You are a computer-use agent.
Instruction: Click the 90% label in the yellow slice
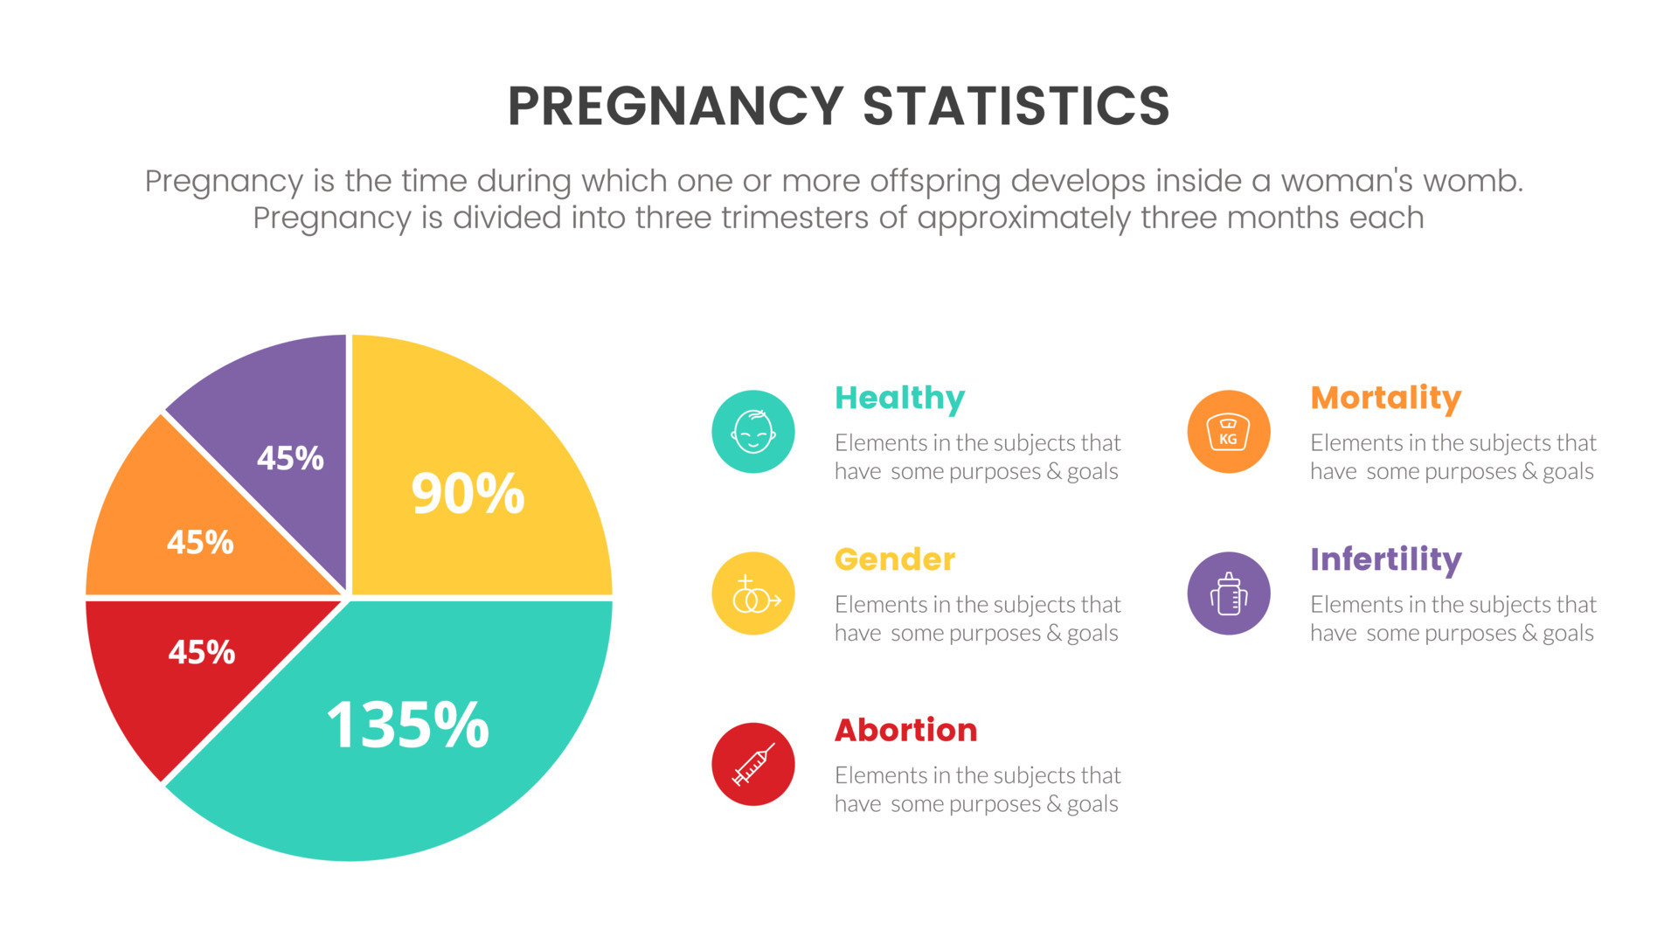click(468, 493)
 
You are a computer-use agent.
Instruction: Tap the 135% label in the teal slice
click(407, 725)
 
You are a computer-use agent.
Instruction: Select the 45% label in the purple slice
click(290, 458)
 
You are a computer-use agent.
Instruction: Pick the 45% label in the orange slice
click(200, 543)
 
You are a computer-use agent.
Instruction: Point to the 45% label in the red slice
click(202, 652)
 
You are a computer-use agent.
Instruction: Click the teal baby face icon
click(753, 432)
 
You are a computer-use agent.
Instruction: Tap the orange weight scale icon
click(1228, 432)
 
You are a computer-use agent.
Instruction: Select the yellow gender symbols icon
click(753, 593)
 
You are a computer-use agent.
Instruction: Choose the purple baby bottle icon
click(1228, 593)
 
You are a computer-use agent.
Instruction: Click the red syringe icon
click(753, 764)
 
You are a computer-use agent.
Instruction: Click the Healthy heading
click(899, 399)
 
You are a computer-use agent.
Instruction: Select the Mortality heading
click(1385, 399)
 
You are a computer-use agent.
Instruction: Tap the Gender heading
click(895, 559)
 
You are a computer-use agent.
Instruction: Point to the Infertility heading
click(1385, 559)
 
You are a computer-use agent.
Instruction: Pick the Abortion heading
click(905, 730)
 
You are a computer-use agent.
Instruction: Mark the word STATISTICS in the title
click(1016, 107)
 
